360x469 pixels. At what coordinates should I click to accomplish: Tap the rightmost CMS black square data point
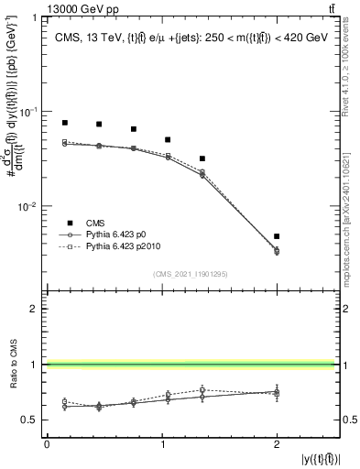point(277,236)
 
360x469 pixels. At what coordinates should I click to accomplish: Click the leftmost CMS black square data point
point(65,123)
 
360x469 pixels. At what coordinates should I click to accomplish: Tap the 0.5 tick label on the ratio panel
point(32,420)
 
